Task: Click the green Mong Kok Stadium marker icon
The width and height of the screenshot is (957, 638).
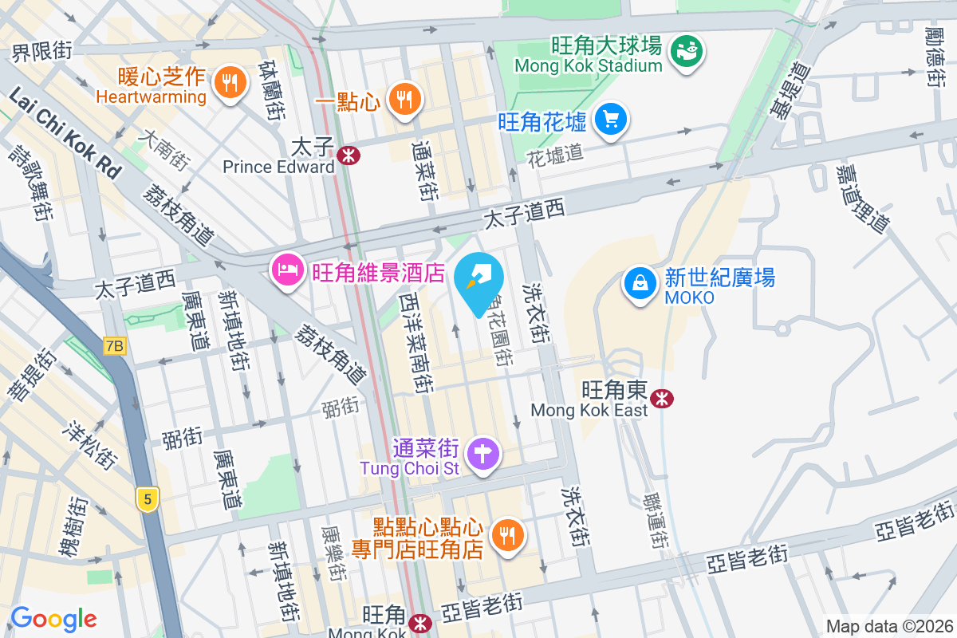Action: pyautogui.click(x=686, y=52)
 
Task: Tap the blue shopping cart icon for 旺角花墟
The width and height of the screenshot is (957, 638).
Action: pyautogui.click(x=611, y=120)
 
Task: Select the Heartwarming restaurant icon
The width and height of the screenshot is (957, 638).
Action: pyautogui.click(x=230, y=81)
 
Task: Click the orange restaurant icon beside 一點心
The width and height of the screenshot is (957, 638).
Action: pyautogui.click(x=404, y=99)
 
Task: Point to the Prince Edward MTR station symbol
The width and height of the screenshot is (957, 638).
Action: pyautogui.click(x=347, y=156)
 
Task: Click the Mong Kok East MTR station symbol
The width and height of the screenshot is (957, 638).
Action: pyautogui.click(x=660, y=399)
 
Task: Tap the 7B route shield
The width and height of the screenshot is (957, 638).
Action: pyautogui.click(x=115, y=345)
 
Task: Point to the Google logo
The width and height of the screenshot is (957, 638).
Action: pyautogui.click(x=53, y=618)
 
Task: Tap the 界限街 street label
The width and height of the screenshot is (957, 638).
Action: pyautogui.click(x=41, y=52)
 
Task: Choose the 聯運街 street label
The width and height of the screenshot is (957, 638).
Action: pyautogui.click(x=657, y=521)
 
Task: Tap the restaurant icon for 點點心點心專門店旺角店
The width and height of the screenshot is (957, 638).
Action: pyautogui.click(x=506, y=534)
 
